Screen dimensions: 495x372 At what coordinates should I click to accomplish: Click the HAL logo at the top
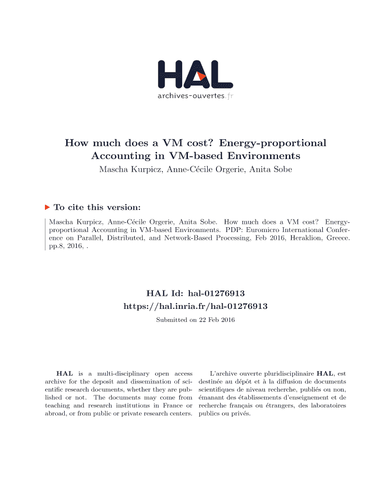coord(195,75)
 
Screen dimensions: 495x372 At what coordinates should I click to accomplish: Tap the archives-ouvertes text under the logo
coord(191,96)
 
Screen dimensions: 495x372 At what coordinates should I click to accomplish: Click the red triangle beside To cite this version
coord(47,207)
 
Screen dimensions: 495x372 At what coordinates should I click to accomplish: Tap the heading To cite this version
coord(97,207)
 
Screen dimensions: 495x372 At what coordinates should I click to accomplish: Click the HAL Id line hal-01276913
coord(195,293)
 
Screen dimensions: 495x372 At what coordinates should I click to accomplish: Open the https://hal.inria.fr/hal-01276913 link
coord(196,306)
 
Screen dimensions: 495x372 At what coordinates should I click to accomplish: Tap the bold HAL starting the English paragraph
coord(65,374)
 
